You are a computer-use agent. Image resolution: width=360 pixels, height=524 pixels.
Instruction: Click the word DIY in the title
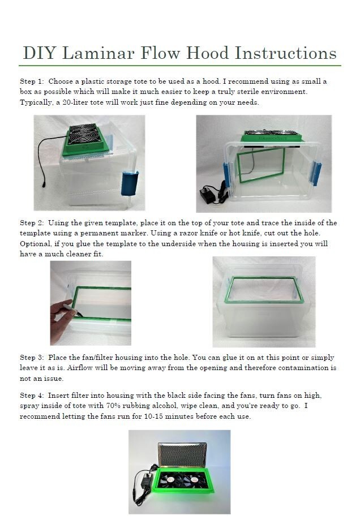click(40, 53)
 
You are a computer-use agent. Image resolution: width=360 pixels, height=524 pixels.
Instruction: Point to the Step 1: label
click(32, 81)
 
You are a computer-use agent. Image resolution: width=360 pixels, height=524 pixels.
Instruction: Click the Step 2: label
click(32, 223)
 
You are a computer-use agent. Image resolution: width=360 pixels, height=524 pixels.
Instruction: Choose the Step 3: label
click(32, 358)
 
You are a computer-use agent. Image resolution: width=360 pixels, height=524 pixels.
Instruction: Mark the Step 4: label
click(32, 396)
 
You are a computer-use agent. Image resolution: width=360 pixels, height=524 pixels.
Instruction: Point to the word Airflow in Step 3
click(156, 368)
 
